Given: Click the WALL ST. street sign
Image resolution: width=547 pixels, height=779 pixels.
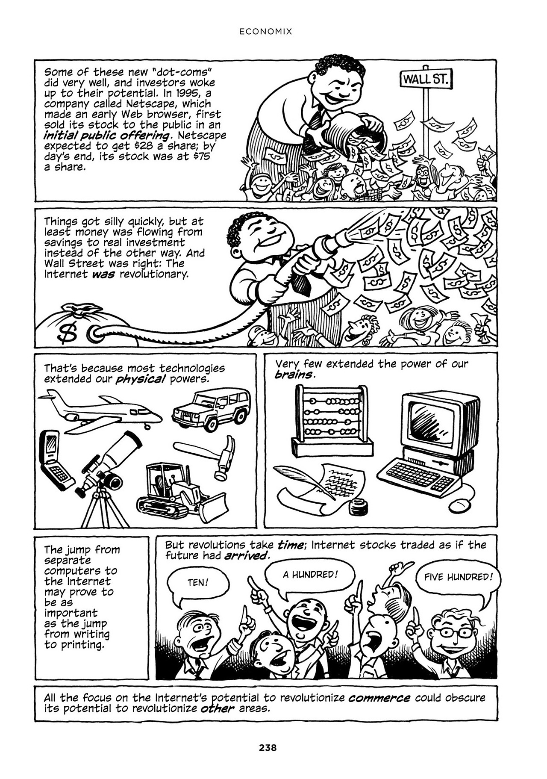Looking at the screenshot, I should click(426, 80).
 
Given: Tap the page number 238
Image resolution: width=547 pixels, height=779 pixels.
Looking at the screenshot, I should click(268, 748).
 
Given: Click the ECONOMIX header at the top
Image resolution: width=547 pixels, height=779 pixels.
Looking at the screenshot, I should click(265, 31).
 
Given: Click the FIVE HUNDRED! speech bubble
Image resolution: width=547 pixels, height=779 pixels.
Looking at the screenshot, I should click(458, 577).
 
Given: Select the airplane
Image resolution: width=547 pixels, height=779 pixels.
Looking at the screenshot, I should click(100, 410).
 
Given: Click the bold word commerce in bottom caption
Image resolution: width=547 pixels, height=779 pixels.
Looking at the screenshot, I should click(379, 698).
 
